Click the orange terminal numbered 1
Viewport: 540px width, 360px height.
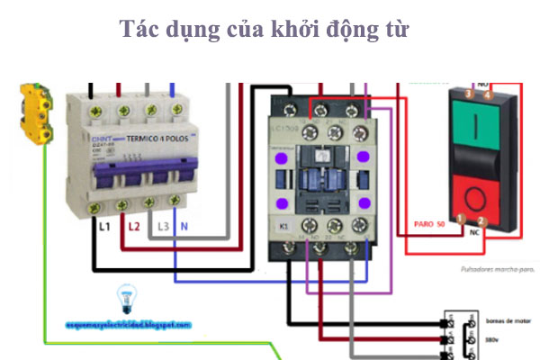click(461, 220)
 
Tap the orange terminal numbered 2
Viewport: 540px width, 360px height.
click(481, 220)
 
